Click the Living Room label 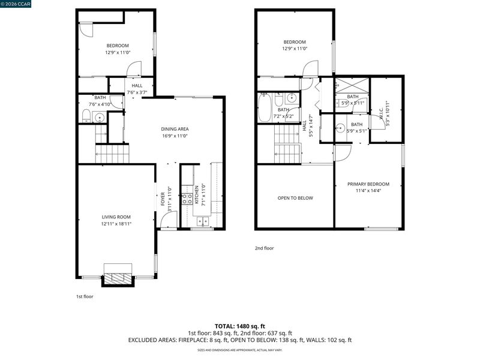point(116,217)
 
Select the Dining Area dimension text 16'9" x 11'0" point(175,136)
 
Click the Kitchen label point(197,194)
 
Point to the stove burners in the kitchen point(187,199)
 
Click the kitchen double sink point(203,221)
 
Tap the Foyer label point(163,199)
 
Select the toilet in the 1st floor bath point(86,116)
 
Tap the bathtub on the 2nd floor point(265,108)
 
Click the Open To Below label point(295,198)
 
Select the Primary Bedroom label point(368,184)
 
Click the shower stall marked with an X point(352,85)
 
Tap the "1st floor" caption point(85,296)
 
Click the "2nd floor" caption point(265,248)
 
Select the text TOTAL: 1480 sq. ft point(240,326)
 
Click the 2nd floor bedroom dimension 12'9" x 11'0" point(295,49)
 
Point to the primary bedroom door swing point(343,153)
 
